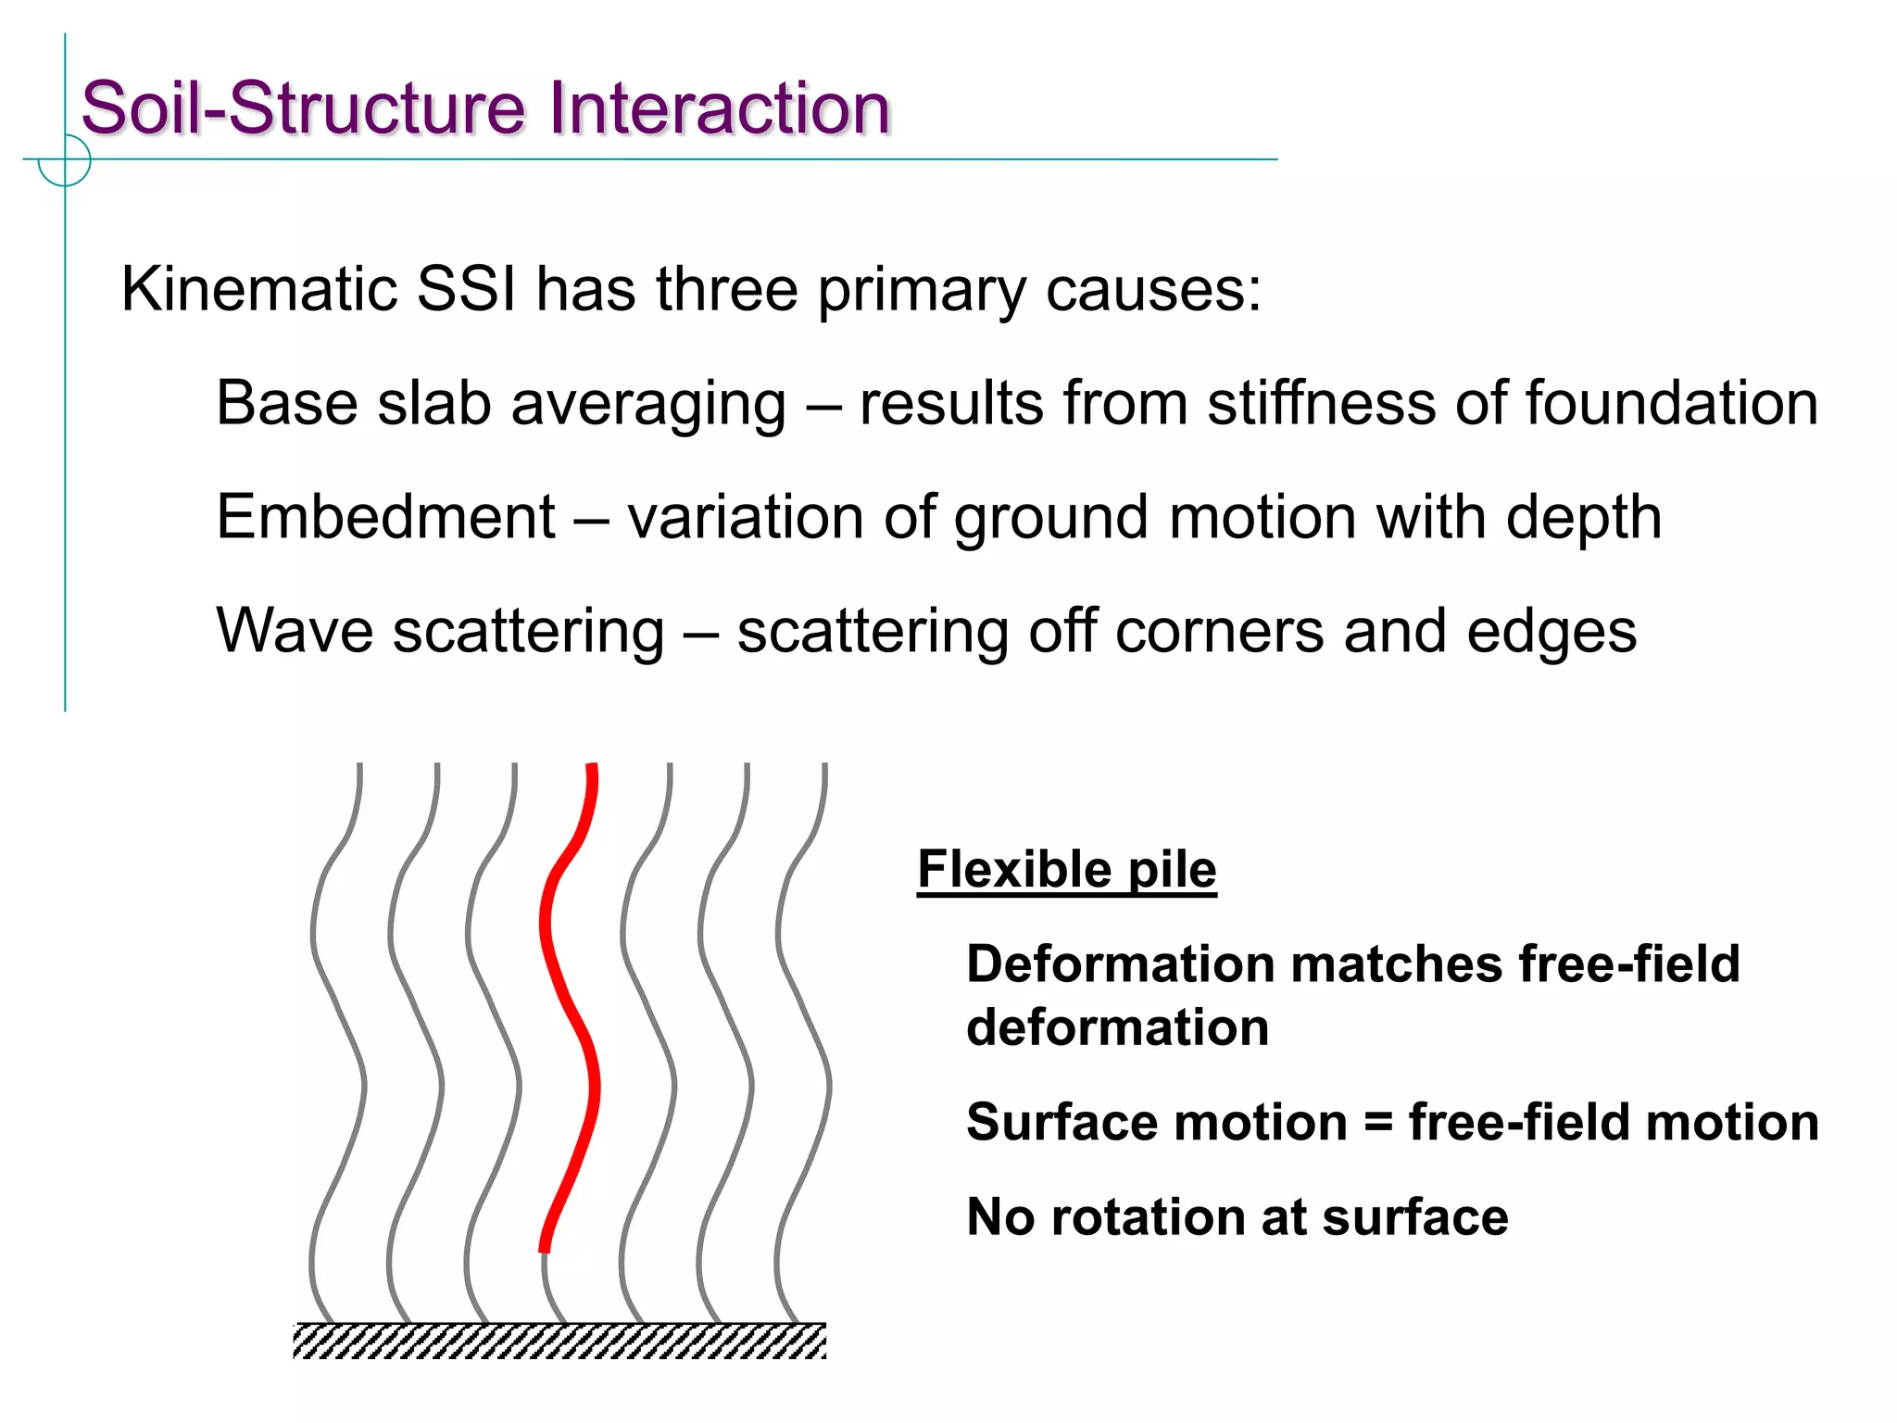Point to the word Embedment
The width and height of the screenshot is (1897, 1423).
(x=385, y=516)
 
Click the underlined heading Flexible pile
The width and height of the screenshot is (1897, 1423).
(x=1066, y=869)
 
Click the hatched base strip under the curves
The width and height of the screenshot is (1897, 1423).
(x=559, y=1341)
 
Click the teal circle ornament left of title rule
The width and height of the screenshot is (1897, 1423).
(x=65, y=160)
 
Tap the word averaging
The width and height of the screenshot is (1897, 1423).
(x=648, y=405)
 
